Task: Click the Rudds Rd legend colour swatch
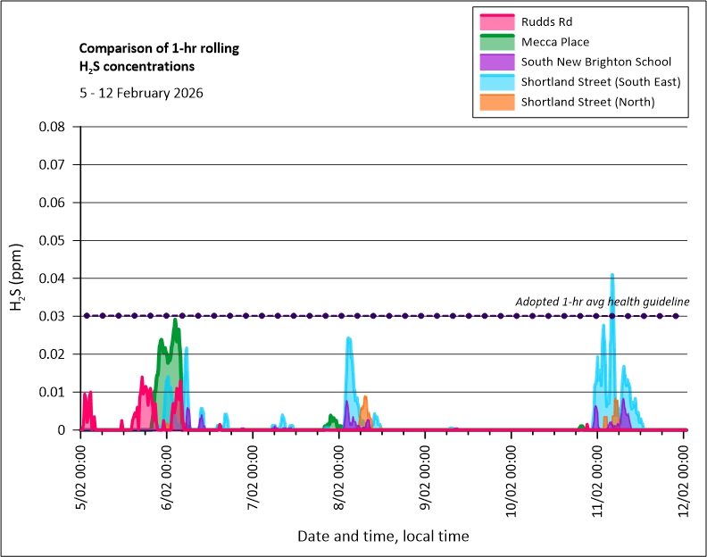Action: point(496,21)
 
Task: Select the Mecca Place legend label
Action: point(554,41)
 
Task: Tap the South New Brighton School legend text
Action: point(596,62)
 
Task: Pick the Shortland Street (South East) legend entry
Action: point(601,81)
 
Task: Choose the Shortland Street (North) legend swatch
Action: point(496,102)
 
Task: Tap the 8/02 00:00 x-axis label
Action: point(340,476)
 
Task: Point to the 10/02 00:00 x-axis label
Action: point(512,476)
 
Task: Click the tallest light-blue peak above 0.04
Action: point(612,275)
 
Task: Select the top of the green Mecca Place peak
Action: point(176,320)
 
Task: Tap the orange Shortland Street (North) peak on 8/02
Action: point(364,397)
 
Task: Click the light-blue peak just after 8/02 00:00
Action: point(348,338)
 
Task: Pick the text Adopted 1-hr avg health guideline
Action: point(603,302)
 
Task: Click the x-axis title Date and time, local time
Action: point(383,536)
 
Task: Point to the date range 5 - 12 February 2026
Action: point(141,93)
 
